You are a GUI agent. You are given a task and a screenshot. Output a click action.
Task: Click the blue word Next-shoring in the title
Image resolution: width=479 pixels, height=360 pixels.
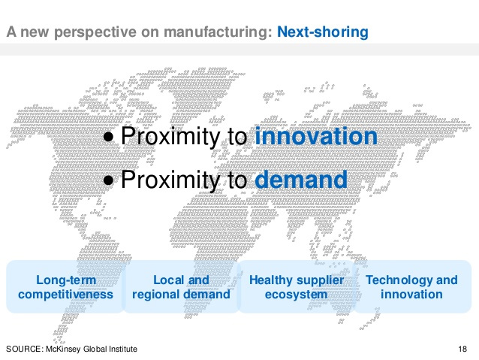[x=323, y=32]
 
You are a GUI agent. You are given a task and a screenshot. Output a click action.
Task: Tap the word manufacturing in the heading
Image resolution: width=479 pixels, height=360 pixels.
[x=218, y=32]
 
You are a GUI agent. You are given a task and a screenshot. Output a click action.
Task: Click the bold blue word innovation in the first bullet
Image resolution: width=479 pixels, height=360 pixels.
[x=316, y=136]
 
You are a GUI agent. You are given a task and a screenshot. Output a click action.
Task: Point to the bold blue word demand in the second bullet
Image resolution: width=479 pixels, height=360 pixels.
[x=301, y=179]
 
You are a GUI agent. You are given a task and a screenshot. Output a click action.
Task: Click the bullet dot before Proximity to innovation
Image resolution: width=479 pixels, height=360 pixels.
[x=108, y=138]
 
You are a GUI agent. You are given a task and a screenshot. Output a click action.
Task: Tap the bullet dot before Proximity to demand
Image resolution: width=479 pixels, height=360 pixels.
[x=108, y=180]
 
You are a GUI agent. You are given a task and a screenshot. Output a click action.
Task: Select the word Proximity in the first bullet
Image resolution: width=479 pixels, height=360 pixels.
[x=170, y=137]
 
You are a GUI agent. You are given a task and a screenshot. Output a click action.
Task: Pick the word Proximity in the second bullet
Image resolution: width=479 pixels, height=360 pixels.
[x=170, y=180]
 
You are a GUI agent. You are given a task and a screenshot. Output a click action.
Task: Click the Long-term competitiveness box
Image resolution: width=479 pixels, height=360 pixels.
[x=65, y=286]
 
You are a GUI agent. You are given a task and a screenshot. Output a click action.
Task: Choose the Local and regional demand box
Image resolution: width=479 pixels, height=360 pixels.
[x=181, y=286]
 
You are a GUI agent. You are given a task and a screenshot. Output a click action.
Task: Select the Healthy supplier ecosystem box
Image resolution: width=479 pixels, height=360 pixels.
[x=297, y=286]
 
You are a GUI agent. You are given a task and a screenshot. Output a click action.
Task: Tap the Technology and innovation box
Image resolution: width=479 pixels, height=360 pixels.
[x=411, y=286]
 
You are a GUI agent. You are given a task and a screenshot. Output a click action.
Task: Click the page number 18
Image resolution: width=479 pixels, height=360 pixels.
[x=462, y=349]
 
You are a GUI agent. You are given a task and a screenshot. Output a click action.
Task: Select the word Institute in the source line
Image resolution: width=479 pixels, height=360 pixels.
[x=123, y=349]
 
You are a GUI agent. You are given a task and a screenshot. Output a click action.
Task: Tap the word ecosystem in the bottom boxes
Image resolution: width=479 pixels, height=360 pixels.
[x=296, y=295]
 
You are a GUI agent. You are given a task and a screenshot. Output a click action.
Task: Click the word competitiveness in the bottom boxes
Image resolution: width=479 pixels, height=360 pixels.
[x=65, y=295]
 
